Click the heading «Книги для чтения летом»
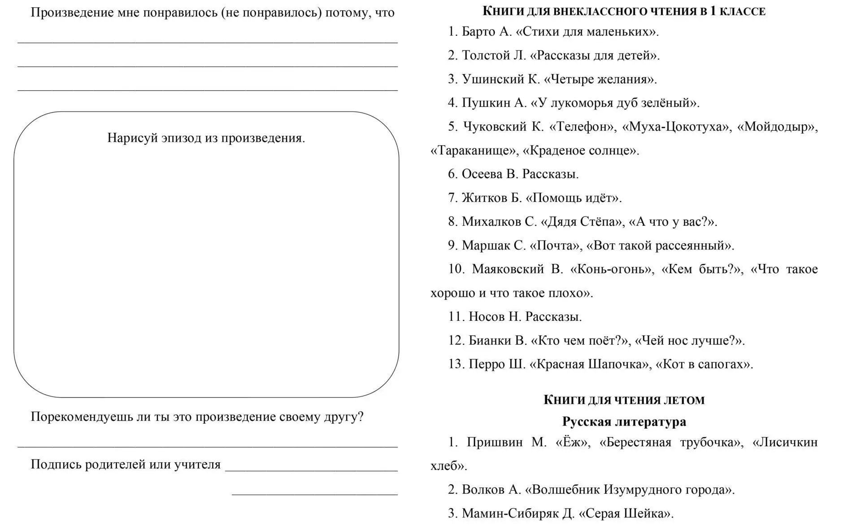pos(624,400)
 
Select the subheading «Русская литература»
pos(624,422)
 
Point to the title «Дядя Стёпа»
pos(582,222)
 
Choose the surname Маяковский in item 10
pos(508,269)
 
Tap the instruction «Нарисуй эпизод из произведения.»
pos(206,138)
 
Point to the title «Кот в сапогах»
pos(702,364)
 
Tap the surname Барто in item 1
pos(478,32)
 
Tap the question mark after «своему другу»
pos(361,417)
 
